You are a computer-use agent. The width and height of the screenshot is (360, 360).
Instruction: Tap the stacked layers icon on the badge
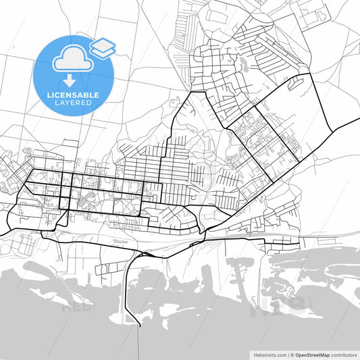pos(103,47)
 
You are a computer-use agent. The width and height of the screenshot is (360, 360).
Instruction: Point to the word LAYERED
pos(74,103)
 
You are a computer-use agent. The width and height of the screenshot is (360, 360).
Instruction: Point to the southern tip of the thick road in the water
pos(139,325)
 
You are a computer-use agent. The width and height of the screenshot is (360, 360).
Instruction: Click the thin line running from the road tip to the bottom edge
pos(139,341)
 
